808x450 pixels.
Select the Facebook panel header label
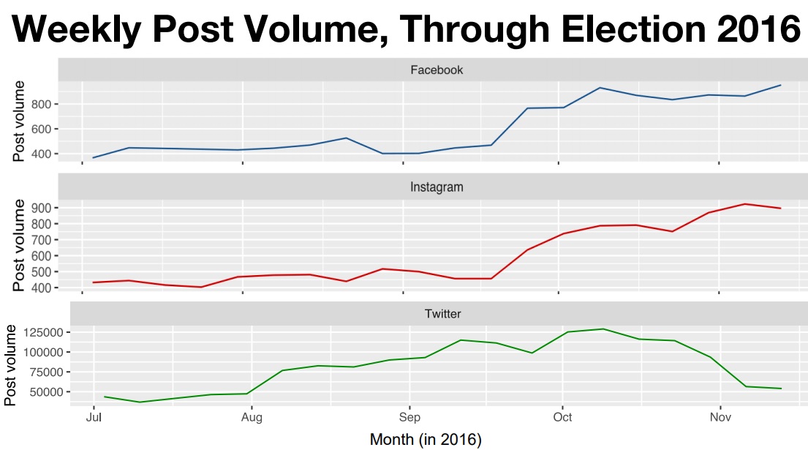click(437, 70)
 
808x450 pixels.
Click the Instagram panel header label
click(437, 187)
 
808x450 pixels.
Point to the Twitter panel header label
click(442, 315)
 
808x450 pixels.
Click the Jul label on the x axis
click(93, 418)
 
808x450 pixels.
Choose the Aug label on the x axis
click(252, 418)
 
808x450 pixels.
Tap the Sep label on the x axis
click(409, 418)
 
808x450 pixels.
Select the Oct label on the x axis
click(562, 418)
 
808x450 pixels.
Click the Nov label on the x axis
click(720, 418)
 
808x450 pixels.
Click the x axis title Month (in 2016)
click(426, 440)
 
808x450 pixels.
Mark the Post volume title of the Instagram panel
click(20, 245)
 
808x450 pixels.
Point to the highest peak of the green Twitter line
click(603, 329)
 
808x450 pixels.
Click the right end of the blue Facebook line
click(781, 85)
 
